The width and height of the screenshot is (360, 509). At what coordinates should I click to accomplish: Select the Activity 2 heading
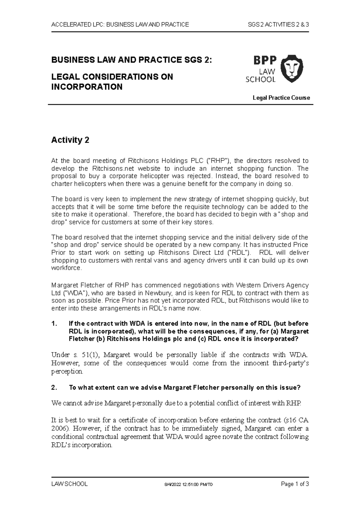70,140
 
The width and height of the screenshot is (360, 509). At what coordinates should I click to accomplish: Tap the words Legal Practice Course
281,98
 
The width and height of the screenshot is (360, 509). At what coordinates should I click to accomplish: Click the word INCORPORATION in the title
87,87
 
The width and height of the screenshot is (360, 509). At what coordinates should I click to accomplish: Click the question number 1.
54,324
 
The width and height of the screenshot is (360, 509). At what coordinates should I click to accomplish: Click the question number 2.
54,387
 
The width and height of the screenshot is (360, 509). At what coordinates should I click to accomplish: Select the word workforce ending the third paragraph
66,268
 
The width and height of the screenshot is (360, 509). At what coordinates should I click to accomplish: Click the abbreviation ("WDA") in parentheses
74,293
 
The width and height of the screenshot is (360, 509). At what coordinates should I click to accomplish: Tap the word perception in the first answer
67,371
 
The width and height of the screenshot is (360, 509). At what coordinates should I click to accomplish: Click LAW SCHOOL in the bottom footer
70,484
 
